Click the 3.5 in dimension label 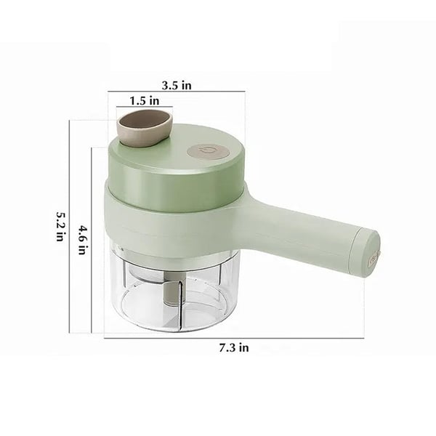click(177, 85)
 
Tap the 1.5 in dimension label click(145, 101)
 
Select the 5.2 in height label click(60, 226)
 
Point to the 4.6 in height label click(82, 240)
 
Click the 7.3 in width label click(234, 347)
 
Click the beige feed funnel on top click(145, 127)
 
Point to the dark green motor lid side click(175, 185)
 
